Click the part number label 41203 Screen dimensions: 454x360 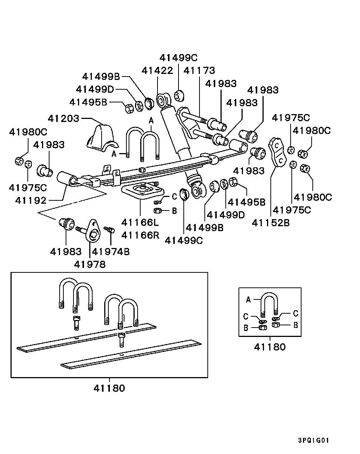[63, 119]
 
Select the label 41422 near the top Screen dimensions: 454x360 [157, 71]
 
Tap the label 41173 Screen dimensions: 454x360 [199, 71]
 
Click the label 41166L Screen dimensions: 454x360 [140, 222]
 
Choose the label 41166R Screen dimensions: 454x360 [140, 236]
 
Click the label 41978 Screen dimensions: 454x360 [90, 264]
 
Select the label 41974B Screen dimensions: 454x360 [111, 251]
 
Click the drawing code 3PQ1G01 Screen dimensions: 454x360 [313, 440]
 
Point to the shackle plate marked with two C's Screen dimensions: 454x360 [277, 152]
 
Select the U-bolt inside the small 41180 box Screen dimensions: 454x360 [270, 303]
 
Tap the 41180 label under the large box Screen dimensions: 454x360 [109, 388]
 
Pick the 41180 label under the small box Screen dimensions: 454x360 [270, 347]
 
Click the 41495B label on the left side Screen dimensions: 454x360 [88, 102]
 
